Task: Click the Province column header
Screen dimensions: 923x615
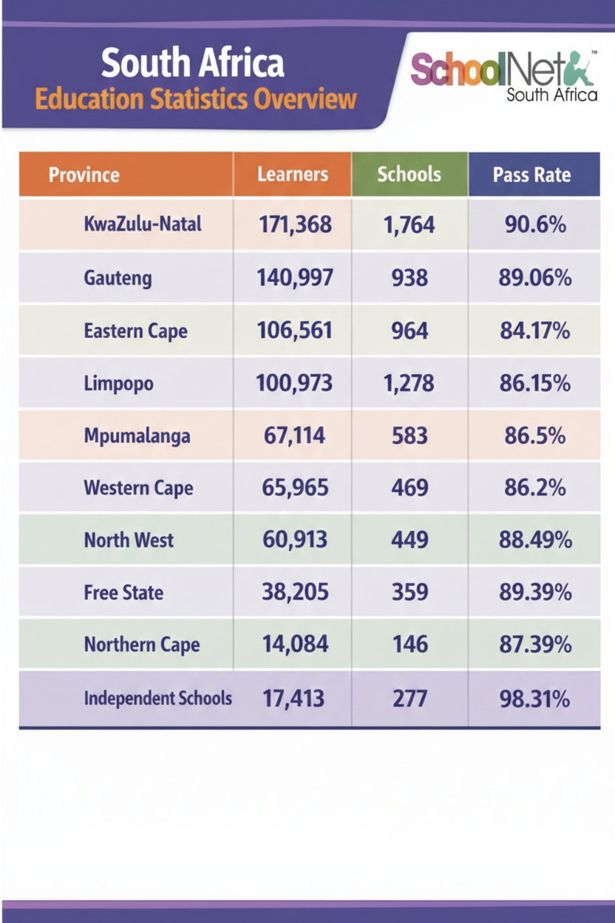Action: pos(84,175)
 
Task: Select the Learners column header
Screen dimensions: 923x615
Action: pos(293,175)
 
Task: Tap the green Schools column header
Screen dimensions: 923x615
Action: pos(409,175)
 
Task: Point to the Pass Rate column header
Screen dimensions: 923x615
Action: pos(532,175)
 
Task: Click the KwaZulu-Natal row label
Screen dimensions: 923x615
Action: pos(143,224)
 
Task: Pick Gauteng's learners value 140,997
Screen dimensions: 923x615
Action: pos(295,277)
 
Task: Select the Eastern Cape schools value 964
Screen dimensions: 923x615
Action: pos(410,331)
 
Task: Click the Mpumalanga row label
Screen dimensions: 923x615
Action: pos(137,436)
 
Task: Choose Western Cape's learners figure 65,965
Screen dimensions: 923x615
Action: pos(295,488)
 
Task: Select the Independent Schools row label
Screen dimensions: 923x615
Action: pos(157,698)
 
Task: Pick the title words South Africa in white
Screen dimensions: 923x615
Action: pos(192,64)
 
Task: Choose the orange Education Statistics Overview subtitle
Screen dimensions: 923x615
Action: pos(196,99)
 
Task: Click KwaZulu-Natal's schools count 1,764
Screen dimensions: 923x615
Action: pos(410,224)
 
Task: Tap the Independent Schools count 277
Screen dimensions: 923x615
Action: pos(410,698)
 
